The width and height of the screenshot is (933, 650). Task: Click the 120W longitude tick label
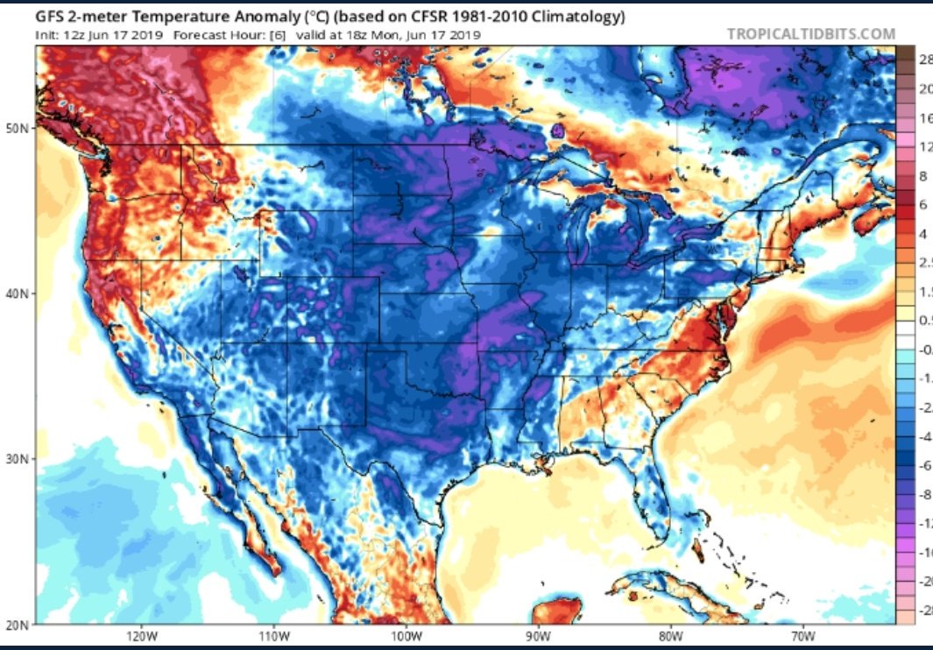pos(140,636)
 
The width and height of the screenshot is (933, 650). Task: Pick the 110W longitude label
pos(273,636)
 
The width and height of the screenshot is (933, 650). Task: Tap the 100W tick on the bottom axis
pos(406,636)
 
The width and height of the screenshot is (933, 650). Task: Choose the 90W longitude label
pos(537,636)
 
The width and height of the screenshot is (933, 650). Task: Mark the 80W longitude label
pos(670,636)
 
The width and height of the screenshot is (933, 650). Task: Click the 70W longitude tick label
pos(802,636)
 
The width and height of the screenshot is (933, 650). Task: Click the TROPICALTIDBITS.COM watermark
pos(811,34)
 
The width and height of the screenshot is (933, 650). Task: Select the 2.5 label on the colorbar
pos(925,263)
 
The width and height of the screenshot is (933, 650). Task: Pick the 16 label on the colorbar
pos(923,117)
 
